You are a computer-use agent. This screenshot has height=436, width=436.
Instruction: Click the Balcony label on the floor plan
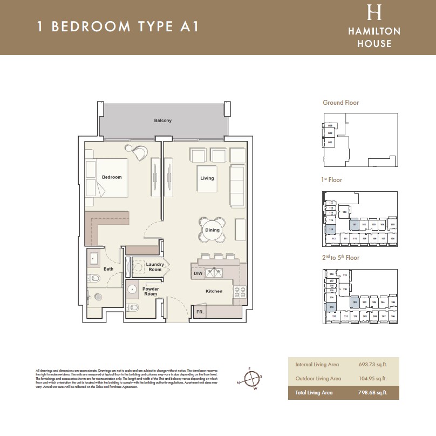click(x=162, y=120)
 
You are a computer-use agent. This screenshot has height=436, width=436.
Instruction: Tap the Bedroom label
click(x=112, y=177)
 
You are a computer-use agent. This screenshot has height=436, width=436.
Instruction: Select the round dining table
click(x=212, y=230)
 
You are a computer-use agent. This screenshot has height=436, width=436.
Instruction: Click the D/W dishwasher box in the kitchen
click(x=198, y=274)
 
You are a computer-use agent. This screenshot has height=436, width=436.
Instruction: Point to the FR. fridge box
click(x=199, y=312)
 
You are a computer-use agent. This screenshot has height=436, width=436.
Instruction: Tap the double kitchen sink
click(x=215, y=273)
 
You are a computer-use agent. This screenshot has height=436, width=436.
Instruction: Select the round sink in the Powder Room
click(x=132, y=289)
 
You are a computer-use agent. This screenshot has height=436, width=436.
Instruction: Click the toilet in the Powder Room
click(x=133, y=308)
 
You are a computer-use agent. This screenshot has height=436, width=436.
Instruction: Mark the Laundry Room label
click(x=155, y=267)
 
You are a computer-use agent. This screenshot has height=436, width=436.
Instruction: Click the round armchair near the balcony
click(x=139, y=153)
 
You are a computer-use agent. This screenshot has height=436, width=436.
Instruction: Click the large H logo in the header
click(x=374, y=12)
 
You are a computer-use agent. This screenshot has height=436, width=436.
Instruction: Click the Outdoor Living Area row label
click(x=318, y=379)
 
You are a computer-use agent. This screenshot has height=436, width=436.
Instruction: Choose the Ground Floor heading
click(x=340, y=103)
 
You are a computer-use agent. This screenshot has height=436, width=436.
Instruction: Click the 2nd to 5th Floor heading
click(x=341, y=258)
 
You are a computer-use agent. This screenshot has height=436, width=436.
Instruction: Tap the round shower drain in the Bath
click(x=99, y=297)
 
